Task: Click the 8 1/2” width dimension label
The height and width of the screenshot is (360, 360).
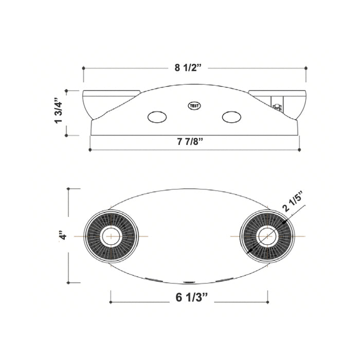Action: pos(188,68)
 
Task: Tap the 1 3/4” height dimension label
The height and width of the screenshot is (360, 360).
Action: pos(58,111)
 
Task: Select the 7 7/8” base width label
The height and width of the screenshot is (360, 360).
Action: pos(190,141)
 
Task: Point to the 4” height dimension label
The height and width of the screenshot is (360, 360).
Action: pos(63,235)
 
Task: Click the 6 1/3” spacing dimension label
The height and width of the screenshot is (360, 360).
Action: pos(192,298)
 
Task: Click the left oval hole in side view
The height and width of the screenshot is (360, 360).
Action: pos(157,117)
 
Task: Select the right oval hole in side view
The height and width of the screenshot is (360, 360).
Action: pos(231,117)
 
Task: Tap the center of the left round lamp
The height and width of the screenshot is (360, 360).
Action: pos(111,236)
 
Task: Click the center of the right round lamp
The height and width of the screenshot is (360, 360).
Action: pos(267,236)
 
